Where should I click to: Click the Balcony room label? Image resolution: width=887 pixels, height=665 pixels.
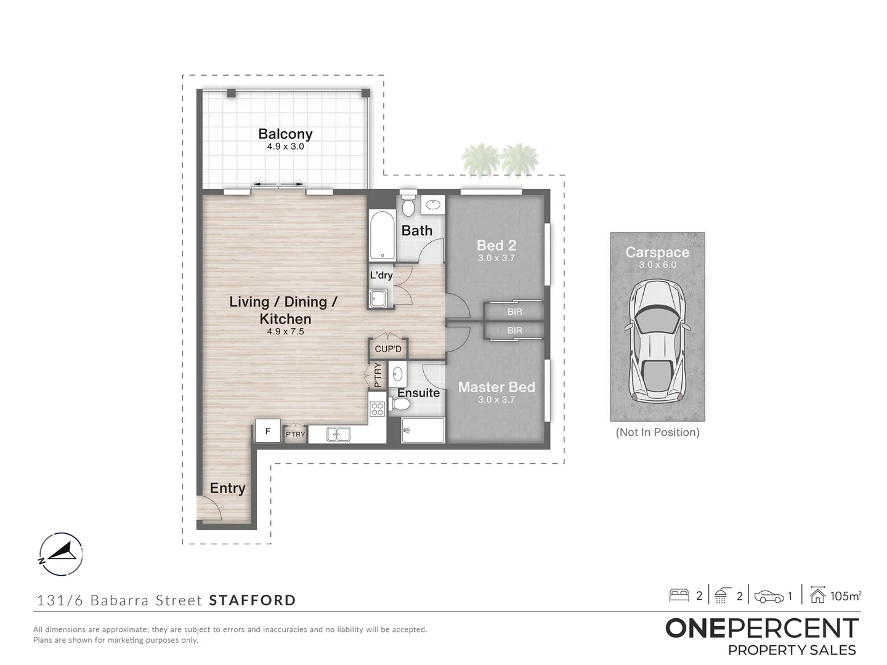285,134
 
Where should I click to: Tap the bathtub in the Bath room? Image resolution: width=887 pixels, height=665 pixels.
381,236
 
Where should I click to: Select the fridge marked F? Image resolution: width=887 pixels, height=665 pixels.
268,431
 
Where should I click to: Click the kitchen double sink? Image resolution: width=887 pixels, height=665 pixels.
338,434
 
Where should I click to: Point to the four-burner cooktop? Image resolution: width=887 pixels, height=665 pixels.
377,408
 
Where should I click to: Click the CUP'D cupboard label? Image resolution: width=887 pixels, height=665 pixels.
388,349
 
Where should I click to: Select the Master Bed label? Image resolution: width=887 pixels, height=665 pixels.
496,387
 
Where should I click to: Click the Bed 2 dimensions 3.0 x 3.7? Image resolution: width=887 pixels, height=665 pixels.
496,258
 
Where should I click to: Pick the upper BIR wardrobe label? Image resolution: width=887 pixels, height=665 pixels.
514,312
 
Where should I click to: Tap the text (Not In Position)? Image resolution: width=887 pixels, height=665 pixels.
657,432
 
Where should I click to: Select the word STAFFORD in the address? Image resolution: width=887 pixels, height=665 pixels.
253,600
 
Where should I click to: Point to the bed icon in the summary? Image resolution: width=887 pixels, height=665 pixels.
679,595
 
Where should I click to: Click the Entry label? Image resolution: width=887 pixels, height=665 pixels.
227,488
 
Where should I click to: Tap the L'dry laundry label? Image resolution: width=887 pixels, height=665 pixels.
381,275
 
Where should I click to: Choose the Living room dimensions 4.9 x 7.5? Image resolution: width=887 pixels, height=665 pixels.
285,331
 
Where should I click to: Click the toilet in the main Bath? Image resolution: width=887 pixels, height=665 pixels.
408,204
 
